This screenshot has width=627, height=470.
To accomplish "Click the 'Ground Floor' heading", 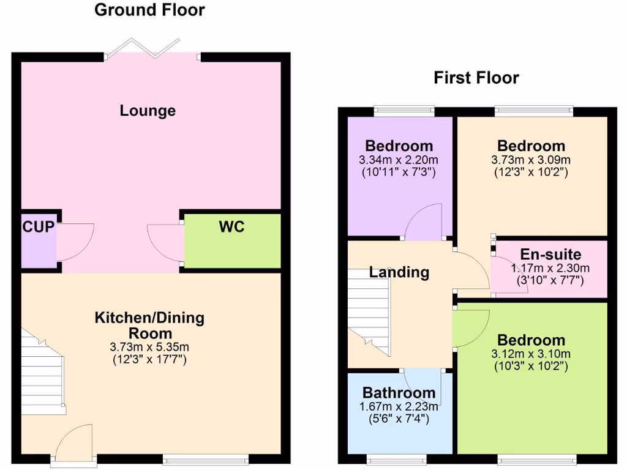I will pyautogui.click(x=149, y=10).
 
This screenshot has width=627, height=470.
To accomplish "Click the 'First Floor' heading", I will pyautogui.click(x=476, y=78).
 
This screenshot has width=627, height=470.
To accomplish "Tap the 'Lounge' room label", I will pyautogui.click(x=148, y=111).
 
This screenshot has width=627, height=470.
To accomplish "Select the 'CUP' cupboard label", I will pyautogui.click(x=39, y=227).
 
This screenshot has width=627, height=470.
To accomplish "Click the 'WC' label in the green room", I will pyautogui.click(x=231, y=227).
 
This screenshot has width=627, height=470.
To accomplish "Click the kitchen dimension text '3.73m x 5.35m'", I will pyautogui.click(x=149, y=347).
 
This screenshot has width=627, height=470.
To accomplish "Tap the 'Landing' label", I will pyautogui.click(x=399, y=272).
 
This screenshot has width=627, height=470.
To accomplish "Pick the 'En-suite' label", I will pyautogui.click(x=550, y=255).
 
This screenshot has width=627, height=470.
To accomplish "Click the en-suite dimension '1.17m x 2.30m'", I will pyautogui.click(x=550, y=268).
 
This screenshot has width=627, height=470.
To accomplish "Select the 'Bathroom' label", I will pyautogui.click(x=399, y=392).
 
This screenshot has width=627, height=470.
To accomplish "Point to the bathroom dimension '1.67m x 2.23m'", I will pyautogui.click(x=399, y=406).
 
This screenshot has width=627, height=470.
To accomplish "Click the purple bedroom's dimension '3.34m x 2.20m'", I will pyautogui.click(x=399, y=160).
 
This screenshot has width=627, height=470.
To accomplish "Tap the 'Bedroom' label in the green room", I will pyautogui.click(x=531, y=340).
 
